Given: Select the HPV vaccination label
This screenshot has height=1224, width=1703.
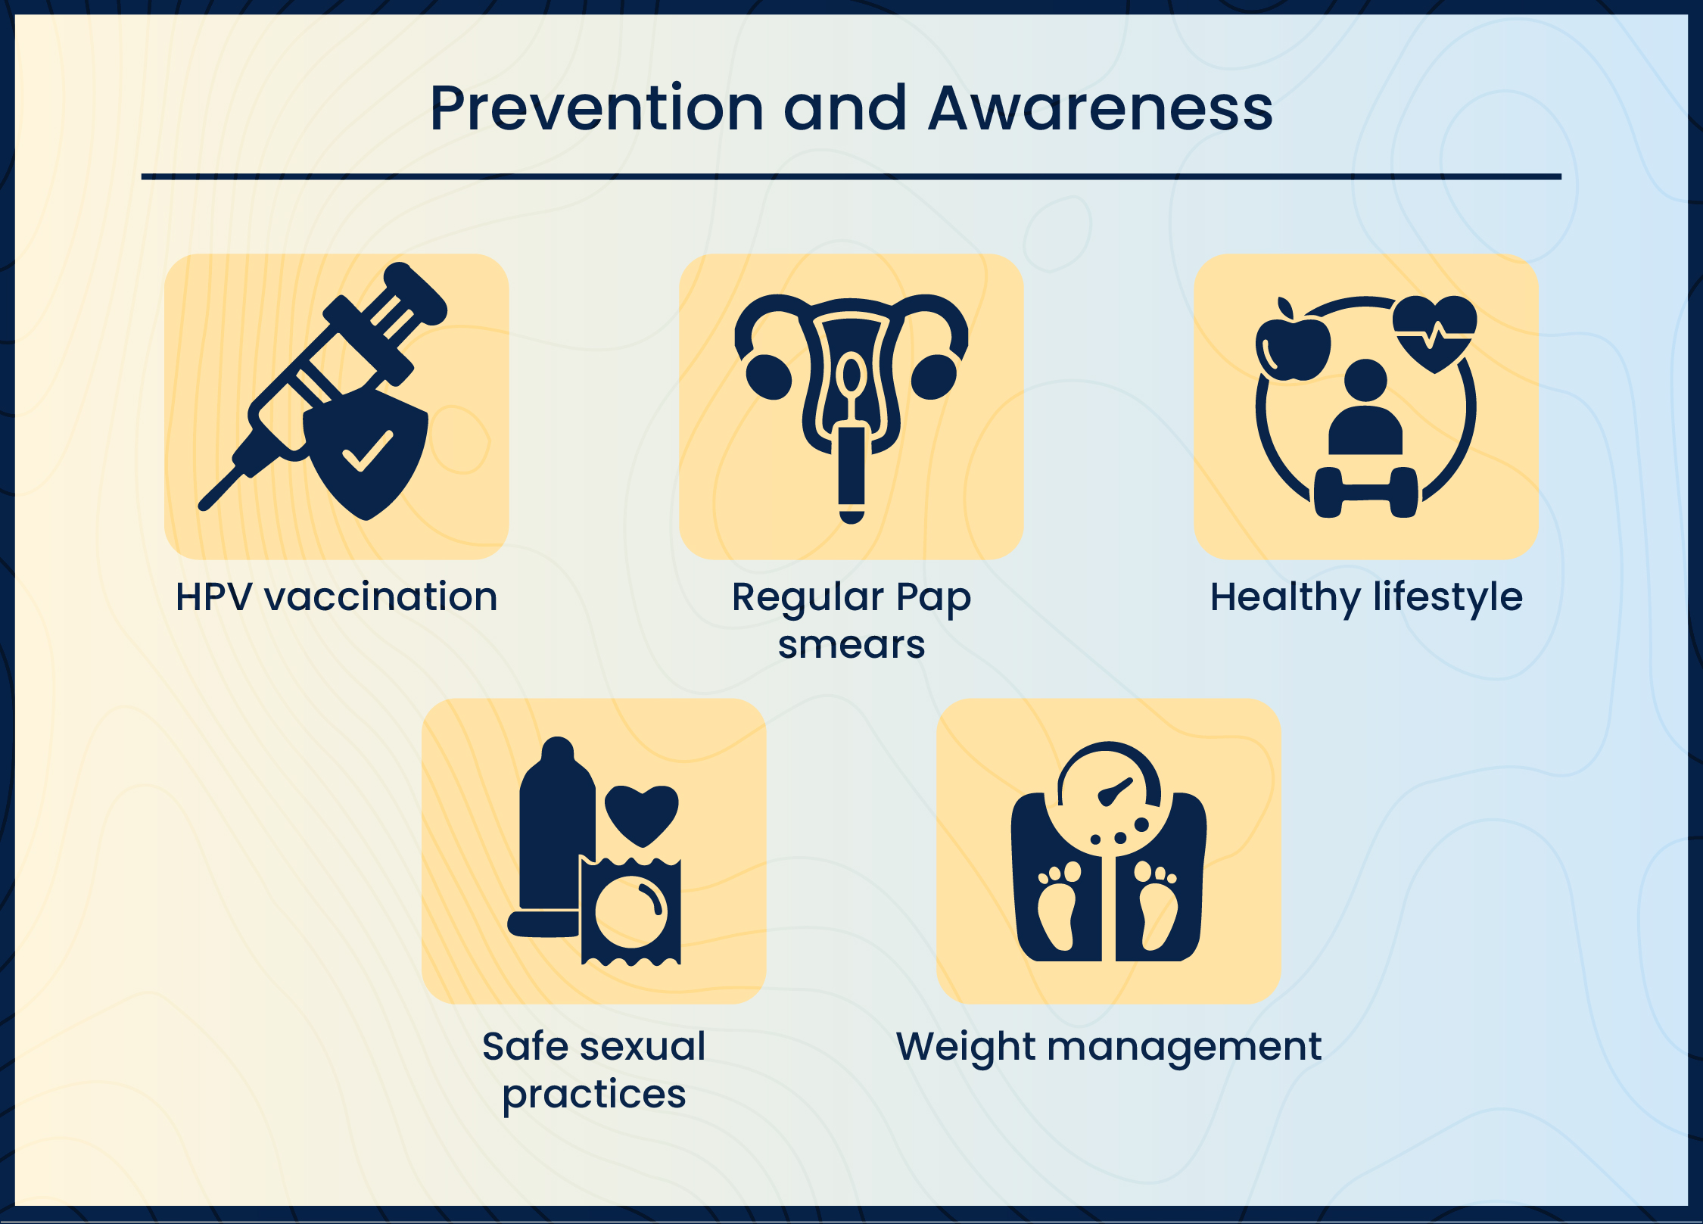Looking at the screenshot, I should [336, 596].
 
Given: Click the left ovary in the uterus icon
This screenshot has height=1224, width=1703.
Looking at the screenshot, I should [768, 377].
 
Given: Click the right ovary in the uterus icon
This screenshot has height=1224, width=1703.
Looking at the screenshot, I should [934, 377].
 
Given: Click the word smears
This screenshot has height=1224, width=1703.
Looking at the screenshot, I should [851, 644].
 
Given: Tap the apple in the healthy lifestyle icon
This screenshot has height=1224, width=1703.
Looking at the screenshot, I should [1293, 348].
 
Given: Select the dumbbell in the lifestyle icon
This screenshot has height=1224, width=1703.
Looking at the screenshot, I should [1365, 493].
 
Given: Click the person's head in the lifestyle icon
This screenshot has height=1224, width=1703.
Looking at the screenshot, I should [1365, 380].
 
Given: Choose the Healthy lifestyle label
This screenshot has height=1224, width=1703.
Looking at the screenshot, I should [1365, 596].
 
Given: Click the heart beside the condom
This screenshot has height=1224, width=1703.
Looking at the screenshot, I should [642, 814].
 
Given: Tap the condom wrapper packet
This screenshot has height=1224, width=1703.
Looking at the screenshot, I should [630, 911].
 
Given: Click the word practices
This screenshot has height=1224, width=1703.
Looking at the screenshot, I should [593, 1094].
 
